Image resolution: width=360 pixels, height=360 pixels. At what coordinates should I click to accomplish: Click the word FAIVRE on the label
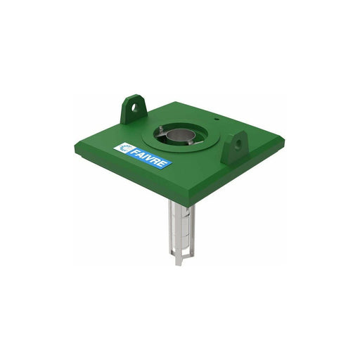[x=150, y=157]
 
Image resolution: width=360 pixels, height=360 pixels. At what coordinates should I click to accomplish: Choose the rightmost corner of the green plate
[x=285, y=143]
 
